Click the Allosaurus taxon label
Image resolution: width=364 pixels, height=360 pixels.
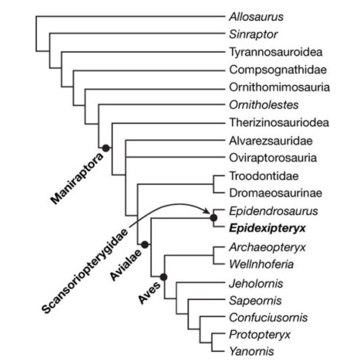coord(256,17)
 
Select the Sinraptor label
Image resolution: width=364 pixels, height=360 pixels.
coord(253,34)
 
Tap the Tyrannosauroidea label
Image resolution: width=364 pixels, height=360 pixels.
coord(276,52)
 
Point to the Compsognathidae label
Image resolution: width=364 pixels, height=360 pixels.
coord(278,70)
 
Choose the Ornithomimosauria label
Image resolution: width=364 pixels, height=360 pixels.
coord(280,87)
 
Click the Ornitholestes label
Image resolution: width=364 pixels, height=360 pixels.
coord(264,105)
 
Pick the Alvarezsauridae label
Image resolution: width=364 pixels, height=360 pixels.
coord(271,141)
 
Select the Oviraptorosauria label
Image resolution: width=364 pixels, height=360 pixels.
coord(273,158)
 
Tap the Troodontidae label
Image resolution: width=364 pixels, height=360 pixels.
coord(264,176)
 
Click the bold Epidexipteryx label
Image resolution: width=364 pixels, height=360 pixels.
coord(267,228)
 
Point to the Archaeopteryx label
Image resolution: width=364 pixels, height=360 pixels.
coord(267,247)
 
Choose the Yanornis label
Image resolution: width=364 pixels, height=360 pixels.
coord(252,351)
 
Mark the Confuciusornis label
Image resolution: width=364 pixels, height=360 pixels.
coord(268,317)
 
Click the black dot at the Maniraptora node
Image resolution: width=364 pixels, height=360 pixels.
coord(106,148)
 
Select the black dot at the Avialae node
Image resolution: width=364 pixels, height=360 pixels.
coord(145,244)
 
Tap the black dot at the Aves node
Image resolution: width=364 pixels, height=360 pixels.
coord(164,277)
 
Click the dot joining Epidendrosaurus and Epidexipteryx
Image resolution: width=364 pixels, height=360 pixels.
coord(213,218)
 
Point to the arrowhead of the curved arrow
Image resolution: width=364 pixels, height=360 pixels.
coord(208,211)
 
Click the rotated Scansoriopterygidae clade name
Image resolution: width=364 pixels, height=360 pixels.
coord(85,271)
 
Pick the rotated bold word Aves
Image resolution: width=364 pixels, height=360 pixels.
coord(149,292)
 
